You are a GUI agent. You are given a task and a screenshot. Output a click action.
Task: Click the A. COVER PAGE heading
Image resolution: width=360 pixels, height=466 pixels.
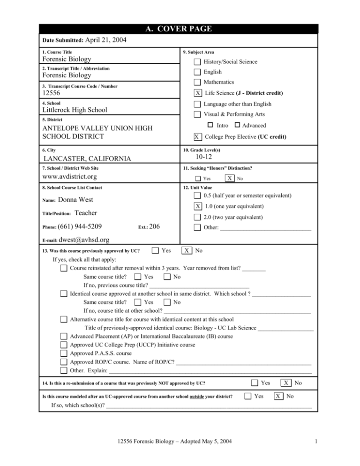point(180,29)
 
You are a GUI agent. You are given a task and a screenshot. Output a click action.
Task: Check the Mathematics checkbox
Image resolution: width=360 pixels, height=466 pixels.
point(198,83)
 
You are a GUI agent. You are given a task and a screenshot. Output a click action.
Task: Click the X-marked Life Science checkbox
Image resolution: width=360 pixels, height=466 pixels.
point(198,93)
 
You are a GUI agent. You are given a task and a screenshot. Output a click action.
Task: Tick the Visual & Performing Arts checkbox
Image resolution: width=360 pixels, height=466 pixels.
point(198,114)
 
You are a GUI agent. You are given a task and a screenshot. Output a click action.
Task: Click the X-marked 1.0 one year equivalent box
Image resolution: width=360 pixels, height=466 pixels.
point(198,206)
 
